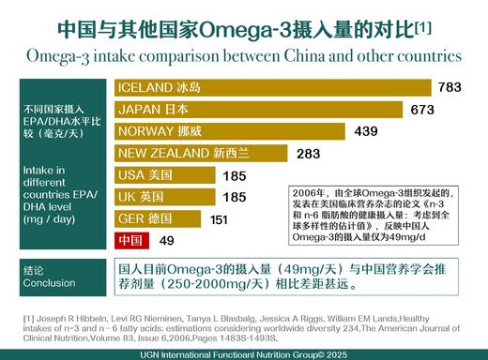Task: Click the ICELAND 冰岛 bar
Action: pos(272,87)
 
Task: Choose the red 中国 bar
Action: pos(130,241)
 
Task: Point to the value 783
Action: pos(449,87)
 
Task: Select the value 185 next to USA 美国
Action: pos(234,174)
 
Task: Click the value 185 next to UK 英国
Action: pos(234,197)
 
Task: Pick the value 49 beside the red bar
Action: pos(167,241)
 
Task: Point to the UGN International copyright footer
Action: pos(245,352)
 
